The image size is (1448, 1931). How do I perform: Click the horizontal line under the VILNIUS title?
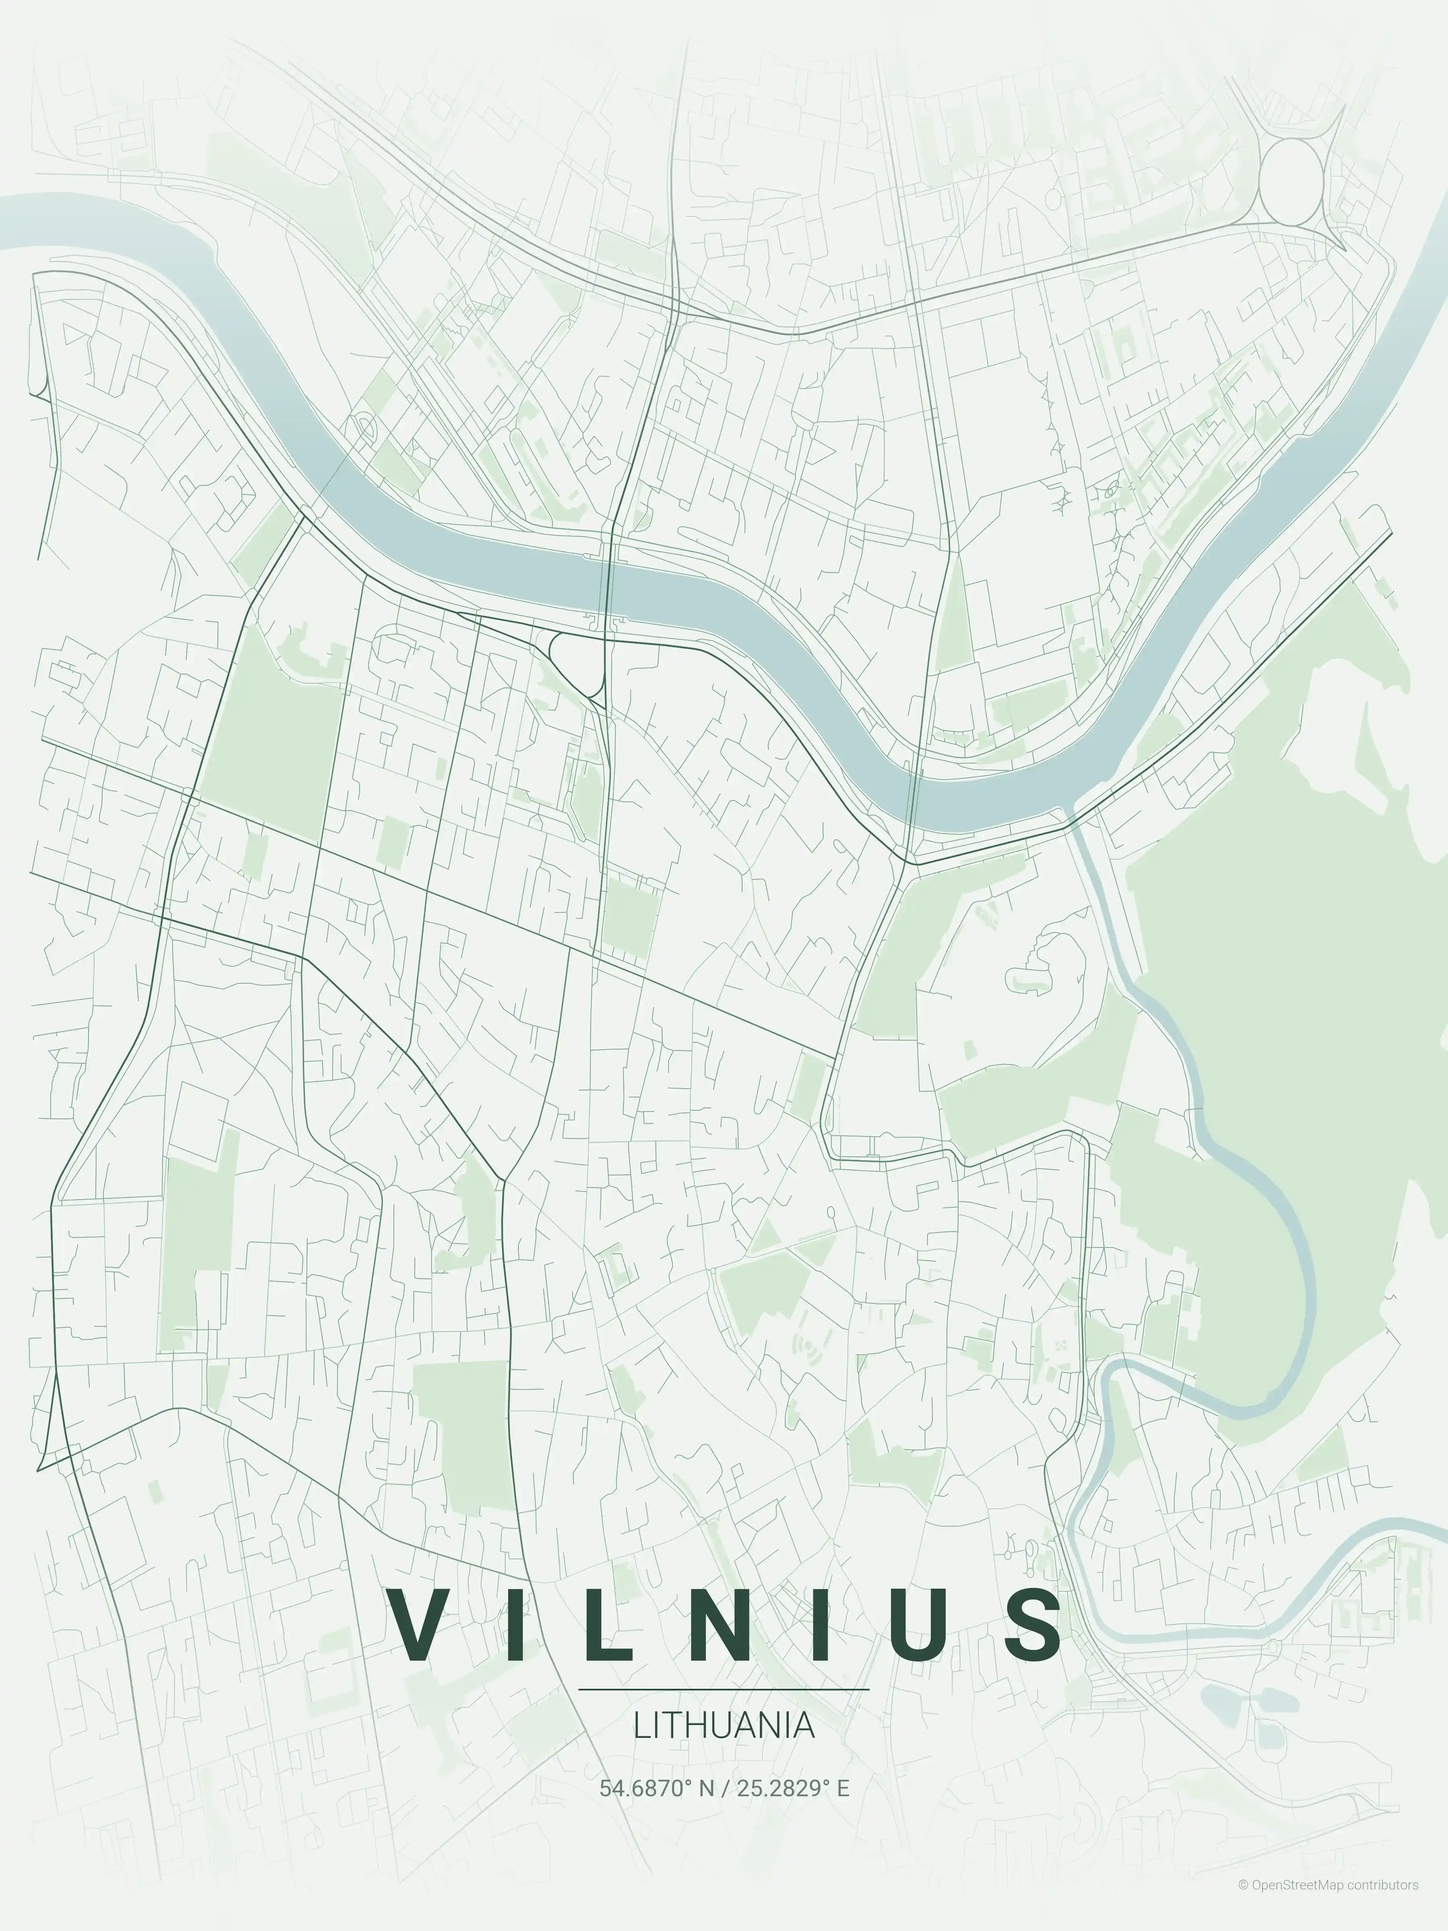tap(724, 1689)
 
